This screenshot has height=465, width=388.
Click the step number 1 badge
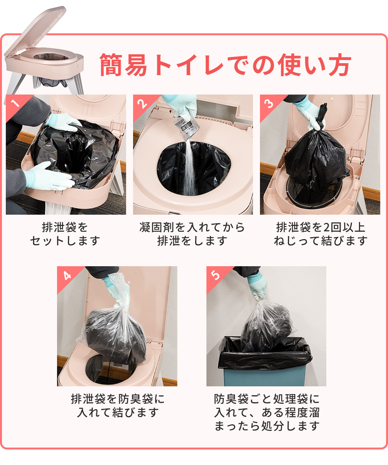click(16, 104)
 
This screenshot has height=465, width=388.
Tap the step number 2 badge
click(143, 104)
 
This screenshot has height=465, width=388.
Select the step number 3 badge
click(270, 104)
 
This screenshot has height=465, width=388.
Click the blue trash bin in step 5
click(265, 375)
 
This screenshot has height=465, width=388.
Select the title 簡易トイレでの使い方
click(225, 65)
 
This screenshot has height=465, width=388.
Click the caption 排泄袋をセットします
click(65, 234)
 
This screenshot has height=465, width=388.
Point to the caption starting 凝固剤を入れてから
click(192, 234)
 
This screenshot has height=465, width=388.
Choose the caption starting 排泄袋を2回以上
click(320, 234)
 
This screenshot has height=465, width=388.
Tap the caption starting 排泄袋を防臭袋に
click(118, 406)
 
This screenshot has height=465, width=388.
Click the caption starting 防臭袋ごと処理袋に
click(267, 412)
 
